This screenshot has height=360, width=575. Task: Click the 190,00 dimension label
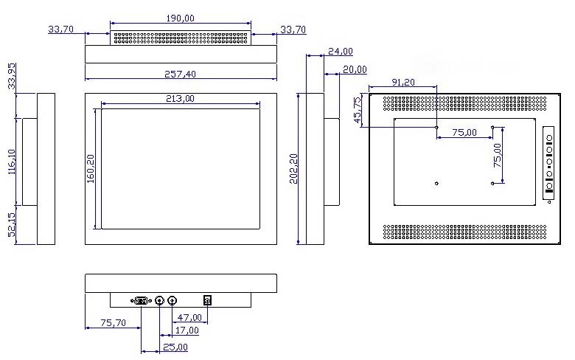click(x=180, y=18)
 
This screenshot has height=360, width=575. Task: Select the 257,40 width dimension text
click(x=180, y=74)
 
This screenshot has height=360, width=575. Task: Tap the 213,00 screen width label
click(x=180, y=98)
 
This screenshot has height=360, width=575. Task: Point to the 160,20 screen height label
click(x=90, y=168)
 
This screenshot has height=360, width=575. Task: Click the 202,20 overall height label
click(x=293, y=168)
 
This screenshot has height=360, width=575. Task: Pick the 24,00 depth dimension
click(x=341, y=52)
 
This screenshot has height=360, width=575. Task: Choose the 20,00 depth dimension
click(x=355, y=69)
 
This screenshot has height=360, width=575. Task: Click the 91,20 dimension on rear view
click(x=403, y=82)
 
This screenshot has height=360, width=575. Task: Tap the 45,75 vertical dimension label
click(x=357, y=110)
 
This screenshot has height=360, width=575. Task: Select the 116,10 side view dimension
click(x=11, y=162)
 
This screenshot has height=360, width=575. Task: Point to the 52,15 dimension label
click(x=11, y=224)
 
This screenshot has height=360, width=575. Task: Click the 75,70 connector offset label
click(x=113, y=322)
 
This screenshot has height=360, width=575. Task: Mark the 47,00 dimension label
click(x=189, y=317)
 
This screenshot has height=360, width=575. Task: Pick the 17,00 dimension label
click(x=187, y=330)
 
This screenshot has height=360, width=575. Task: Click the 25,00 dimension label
click(x=175, y=347)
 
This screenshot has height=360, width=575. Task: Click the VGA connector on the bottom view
click(x=142, y=301)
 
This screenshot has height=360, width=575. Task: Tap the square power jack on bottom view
click(x=208, y=300)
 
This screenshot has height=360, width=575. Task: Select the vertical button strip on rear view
click(x=548, y=163)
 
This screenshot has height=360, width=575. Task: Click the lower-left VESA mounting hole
click(x=436, y=183)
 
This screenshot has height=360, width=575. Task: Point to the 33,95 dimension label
click(x=11, y=76)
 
